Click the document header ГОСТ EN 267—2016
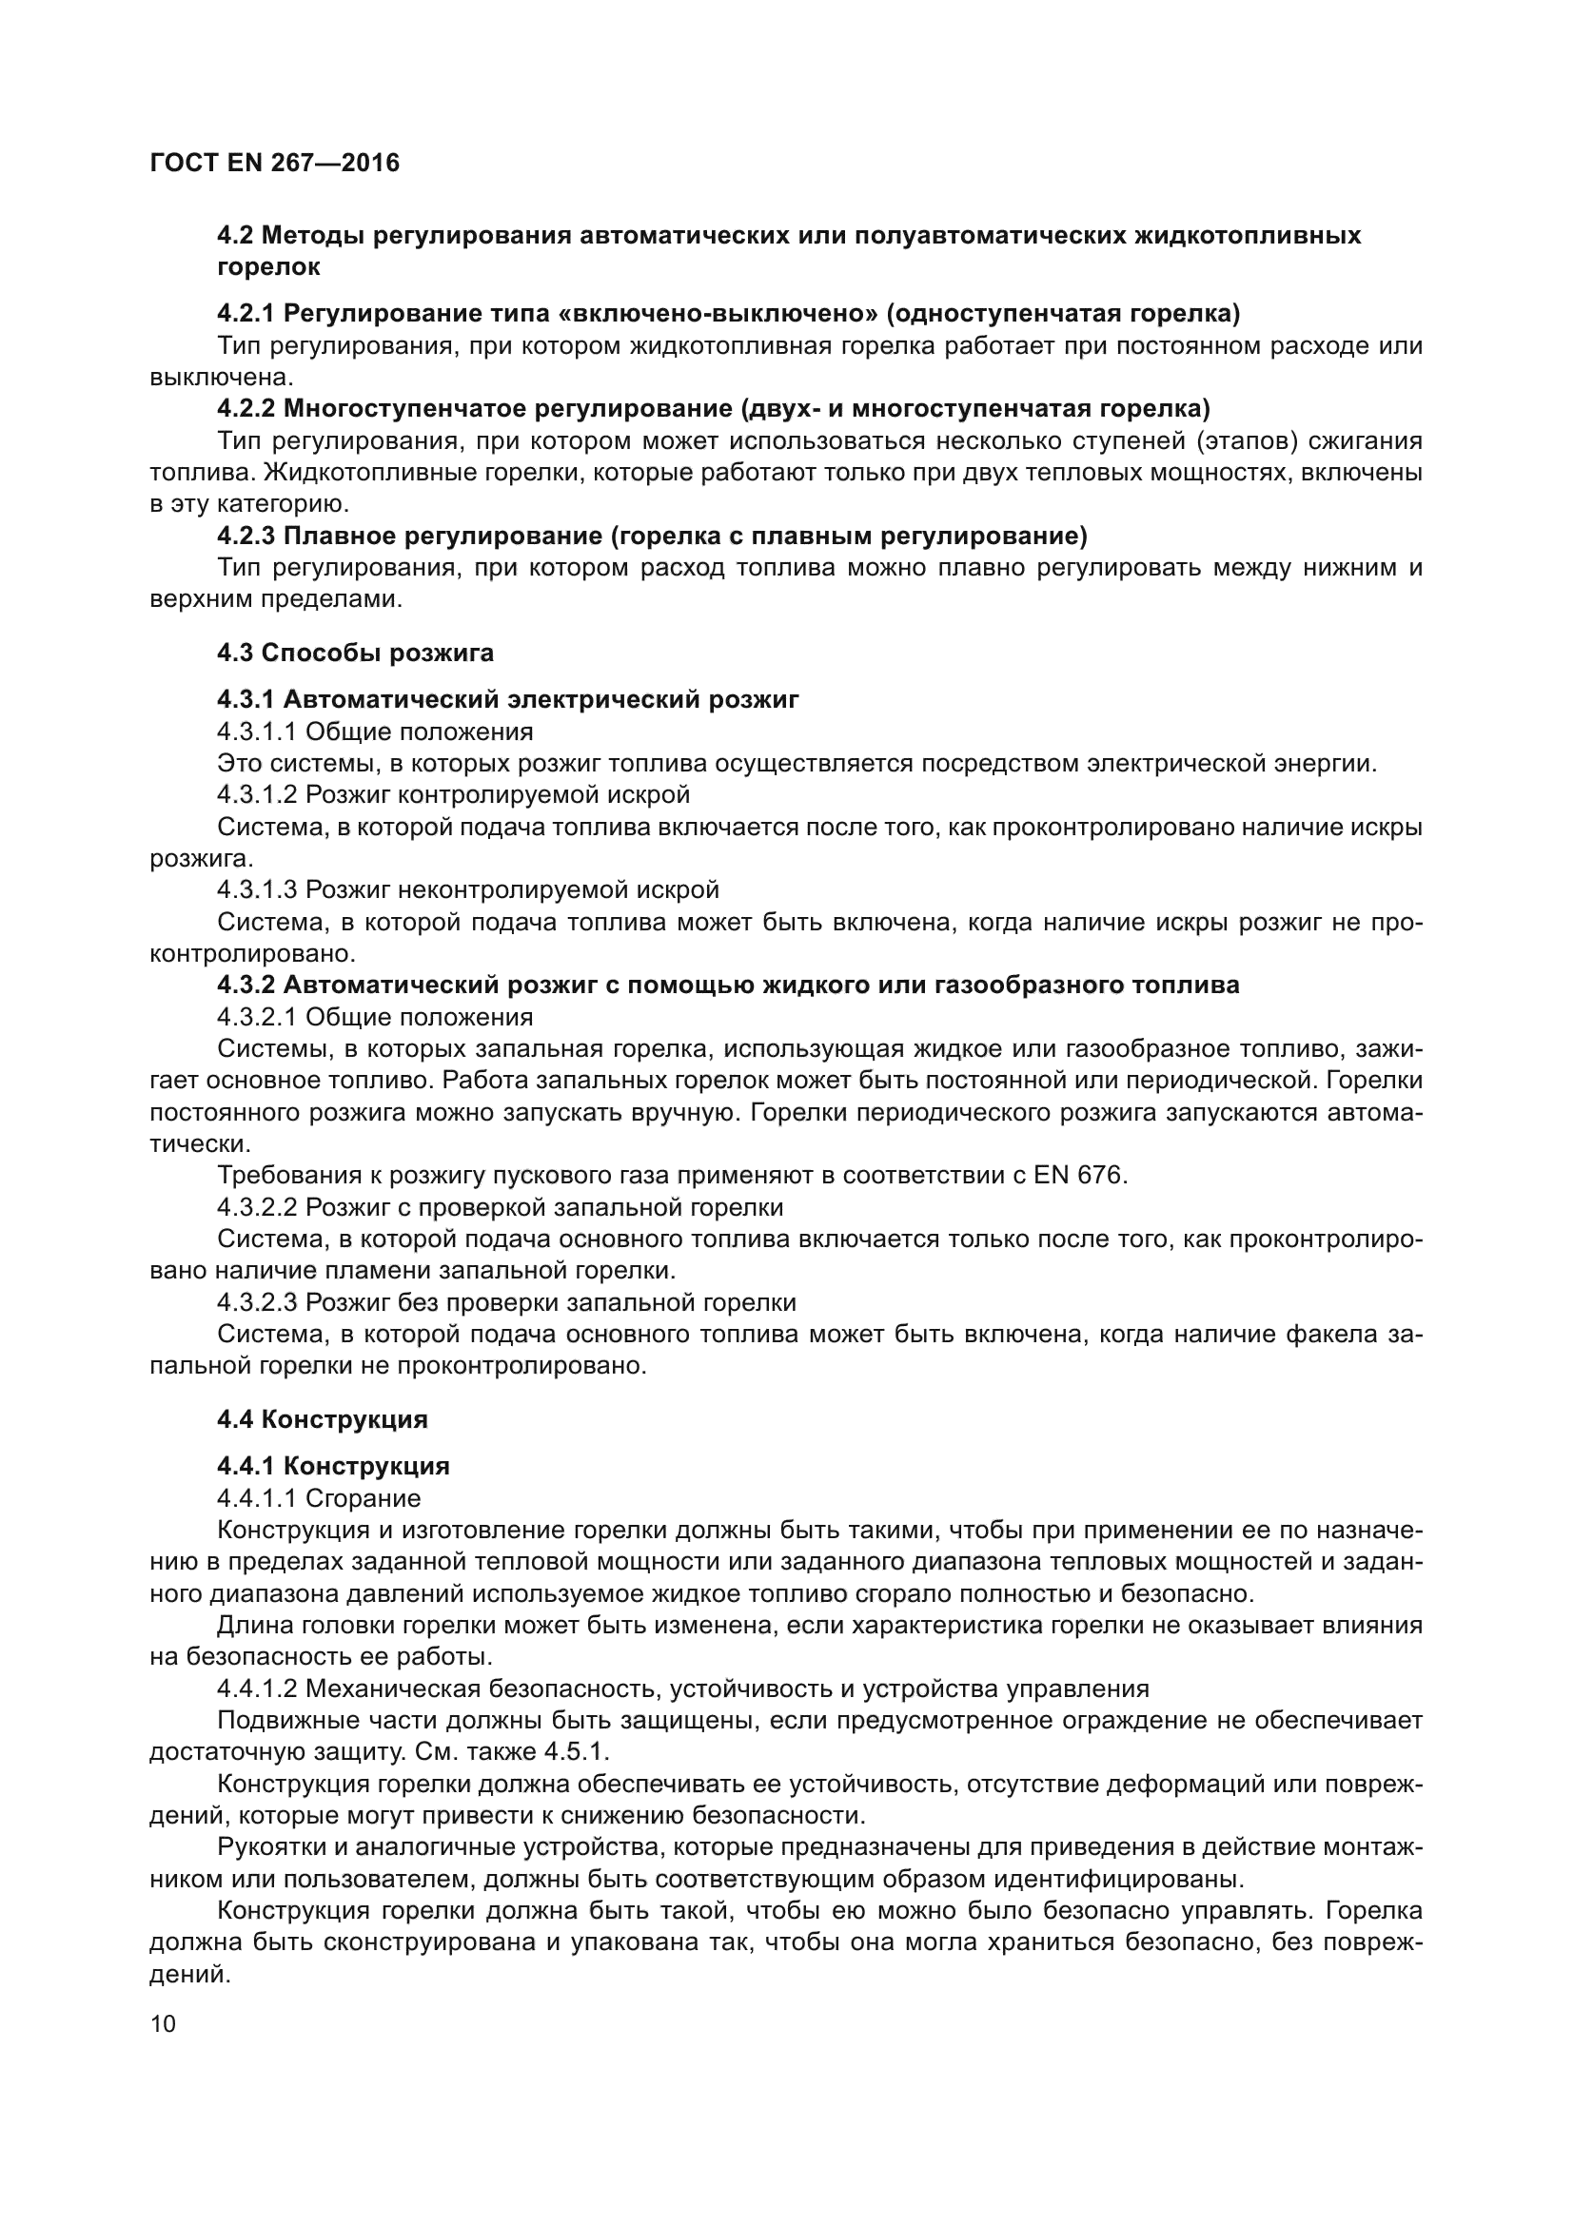[274, 163]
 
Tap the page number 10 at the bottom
[163, 2023]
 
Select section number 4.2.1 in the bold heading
[246, 314]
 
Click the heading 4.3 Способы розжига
[355, 653]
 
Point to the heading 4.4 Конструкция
[322, 1418]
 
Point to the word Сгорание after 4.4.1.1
[363, 1498]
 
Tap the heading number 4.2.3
[246, 536]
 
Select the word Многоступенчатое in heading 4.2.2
[404, 408]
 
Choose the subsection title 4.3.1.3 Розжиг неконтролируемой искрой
[467, 888]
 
